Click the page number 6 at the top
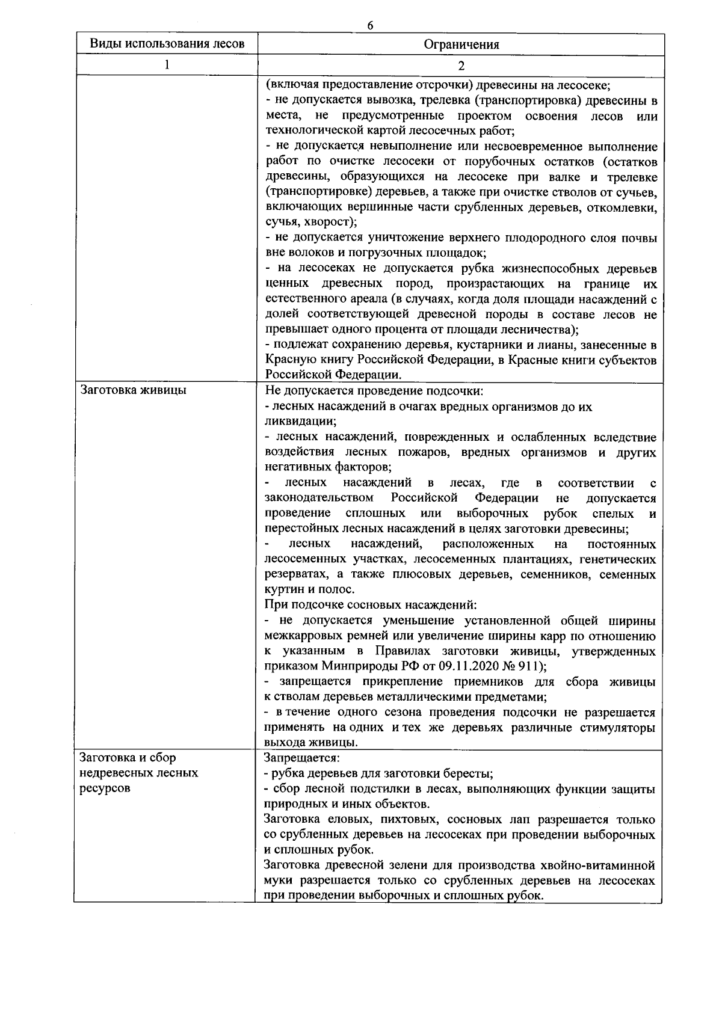(370, 25)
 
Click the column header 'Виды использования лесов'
(167, 44)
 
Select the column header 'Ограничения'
(461, 45)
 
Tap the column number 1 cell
(167, 65)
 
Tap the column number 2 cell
(461, 66)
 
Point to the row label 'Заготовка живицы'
(133, 390)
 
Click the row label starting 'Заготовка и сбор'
(128, 758)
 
